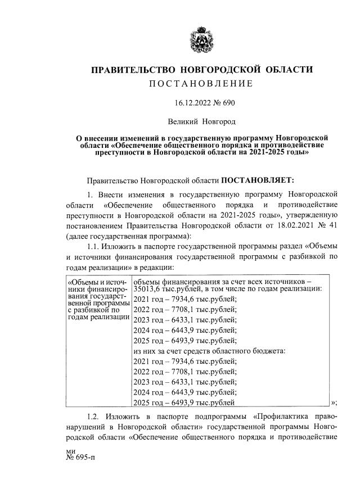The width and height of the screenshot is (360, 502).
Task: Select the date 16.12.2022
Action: coord(189,103)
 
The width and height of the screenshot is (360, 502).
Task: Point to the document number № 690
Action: coord(222,103)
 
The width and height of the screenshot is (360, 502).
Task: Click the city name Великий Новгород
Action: coord(201,121)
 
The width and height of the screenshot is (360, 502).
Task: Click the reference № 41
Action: coord(327,225)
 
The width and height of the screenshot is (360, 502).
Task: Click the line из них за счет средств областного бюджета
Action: coord(209,351)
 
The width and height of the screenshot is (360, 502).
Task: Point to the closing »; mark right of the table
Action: coord(334,401)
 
